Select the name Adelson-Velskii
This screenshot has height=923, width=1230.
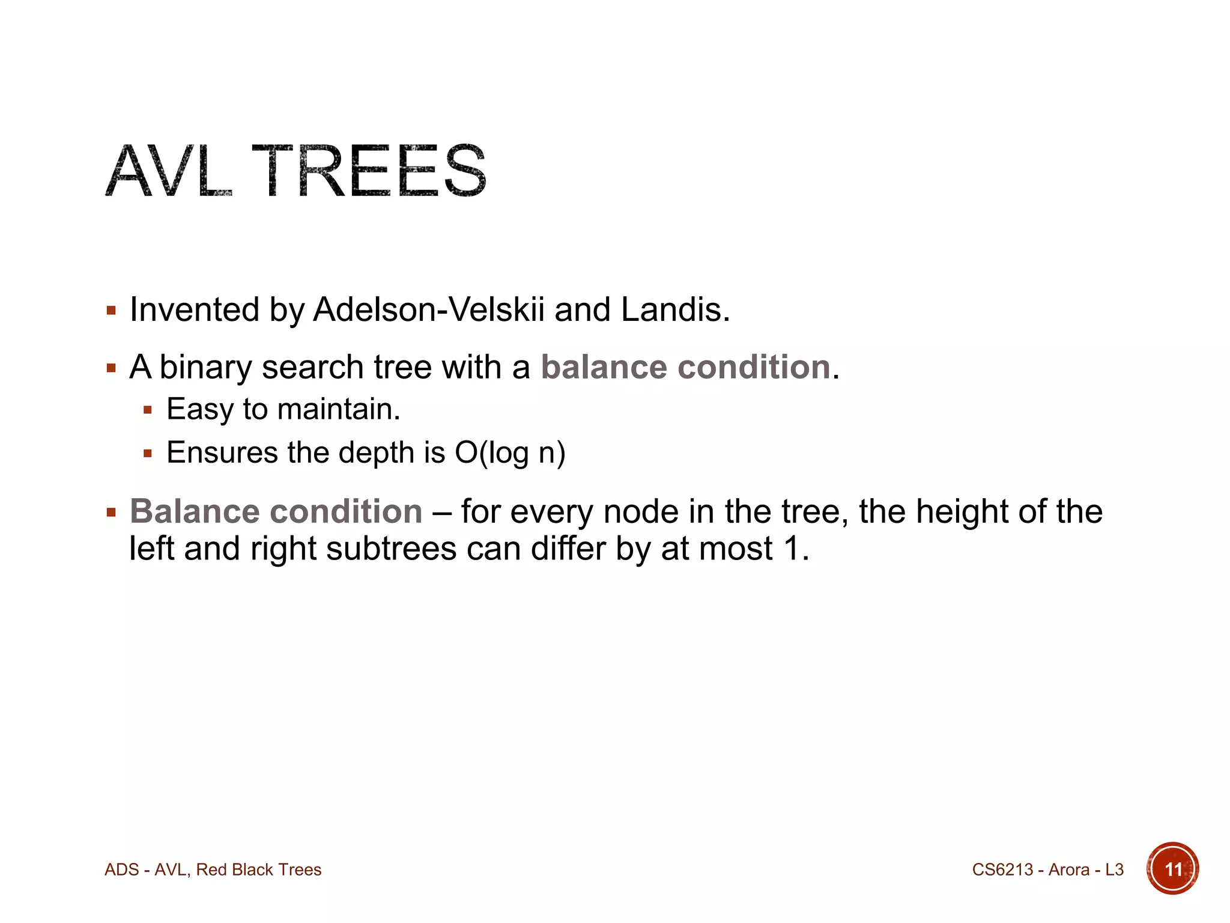(429, 310)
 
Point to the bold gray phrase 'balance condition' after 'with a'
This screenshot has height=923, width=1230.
(685, 367)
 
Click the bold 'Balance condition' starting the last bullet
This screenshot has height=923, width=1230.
(276, 512)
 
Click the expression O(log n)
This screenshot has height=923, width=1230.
(510, 453)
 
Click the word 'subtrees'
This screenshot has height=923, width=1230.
(391, 549)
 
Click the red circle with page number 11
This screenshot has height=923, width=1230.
(1172, 869)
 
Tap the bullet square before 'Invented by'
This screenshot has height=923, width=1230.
(111, 311)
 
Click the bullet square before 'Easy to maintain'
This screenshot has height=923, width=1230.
(148, 411)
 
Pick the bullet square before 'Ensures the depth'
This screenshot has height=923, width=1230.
(148, 454)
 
